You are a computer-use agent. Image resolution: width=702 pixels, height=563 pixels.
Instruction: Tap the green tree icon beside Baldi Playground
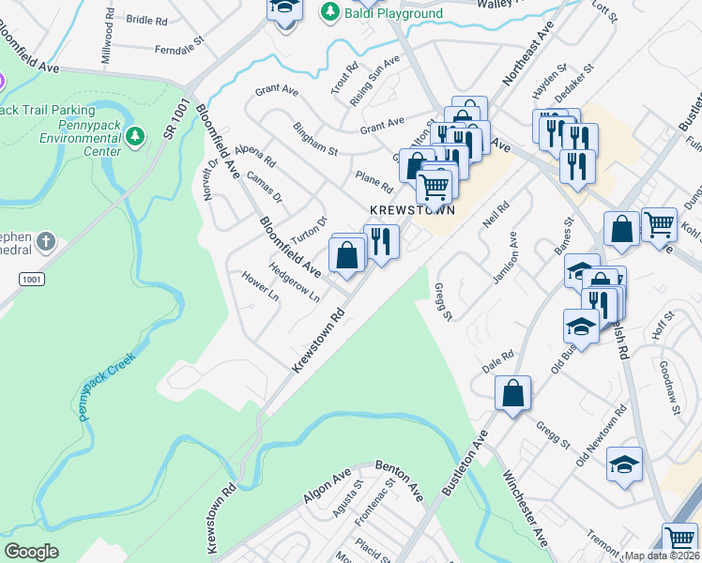[329, 12]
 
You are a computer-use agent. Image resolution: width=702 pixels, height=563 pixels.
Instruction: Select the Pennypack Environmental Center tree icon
[136, 138]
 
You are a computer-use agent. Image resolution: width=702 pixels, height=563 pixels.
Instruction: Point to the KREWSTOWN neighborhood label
[413, 210]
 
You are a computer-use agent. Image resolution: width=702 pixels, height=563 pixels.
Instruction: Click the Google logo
[31, 552]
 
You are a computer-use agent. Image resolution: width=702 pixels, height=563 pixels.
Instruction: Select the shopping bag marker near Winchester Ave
[512, 394]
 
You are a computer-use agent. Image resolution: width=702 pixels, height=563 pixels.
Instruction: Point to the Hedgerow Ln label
[294, 280]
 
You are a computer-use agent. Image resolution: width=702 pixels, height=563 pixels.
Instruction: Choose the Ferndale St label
[179, 47]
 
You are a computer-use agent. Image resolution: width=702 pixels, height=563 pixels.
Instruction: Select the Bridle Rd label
[145, 20]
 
